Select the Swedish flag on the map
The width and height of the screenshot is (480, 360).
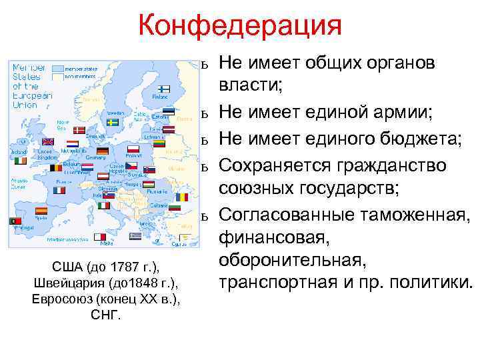113,123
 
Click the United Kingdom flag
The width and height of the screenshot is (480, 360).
48,141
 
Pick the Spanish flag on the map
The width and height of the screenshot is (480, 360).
41,210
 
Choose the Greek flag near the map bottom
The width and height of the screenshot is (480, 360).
135,237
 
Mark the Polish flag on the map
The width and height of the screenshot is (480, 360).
133,149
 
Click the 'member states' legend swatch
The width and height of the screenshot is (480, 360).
57,68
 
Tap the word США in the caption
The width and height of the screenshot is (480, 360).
65,268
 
